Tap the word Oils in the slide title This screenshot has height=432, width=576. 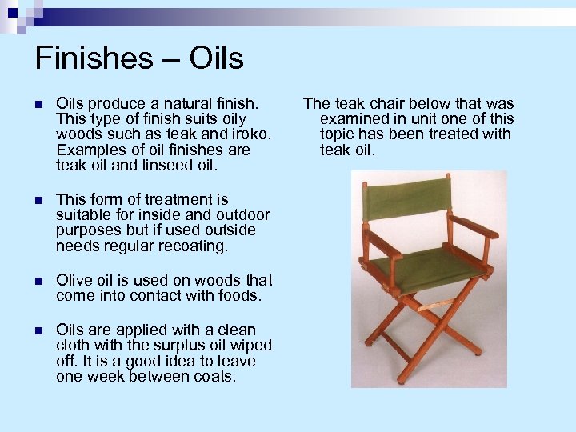click(217, 58)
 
